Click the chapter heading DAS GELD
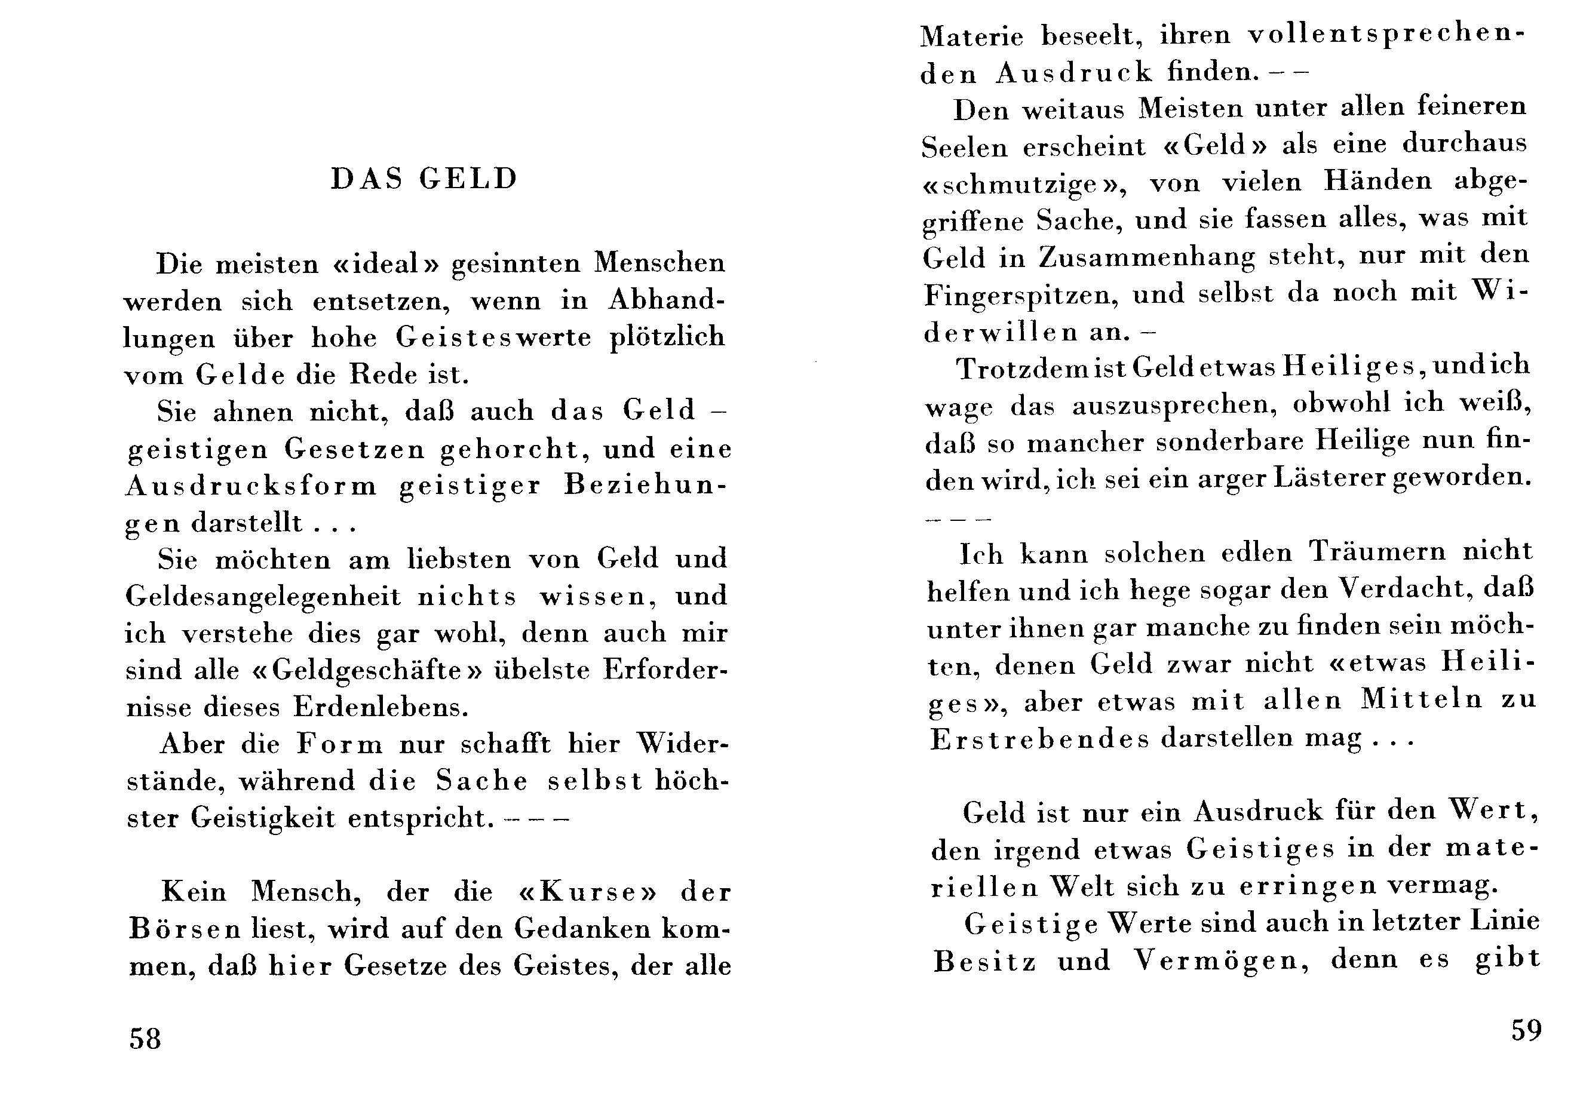point(424,179)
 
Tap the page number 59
point(1526,1030)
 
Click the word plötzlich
point(667,338)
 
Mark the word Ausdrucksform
point(251,486)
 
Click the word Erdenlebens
point(381,707)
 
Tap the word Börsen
point(185,929)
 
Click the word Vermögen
point(1220,960)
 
